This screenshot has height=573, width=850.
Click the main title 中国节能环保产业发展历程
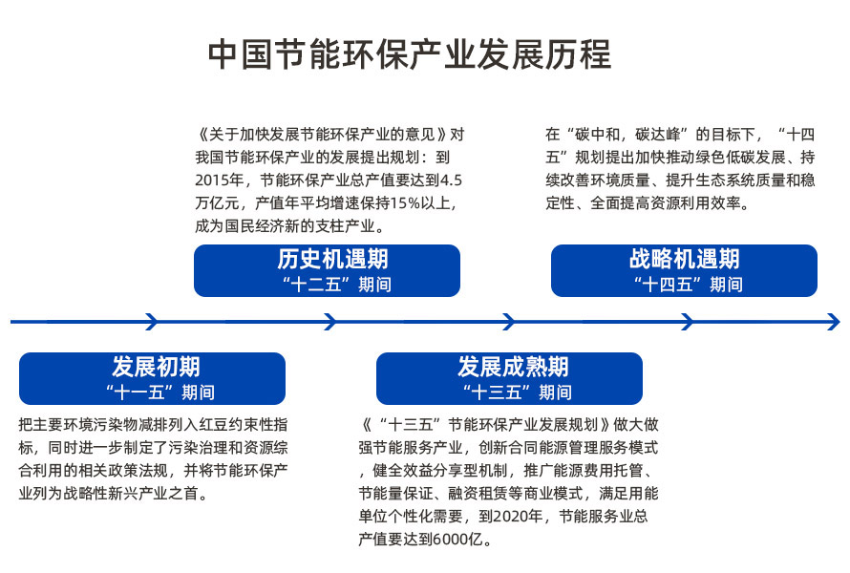tap(410, 54)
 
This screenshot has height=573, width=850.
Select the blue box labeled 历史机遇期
tap(327, 270)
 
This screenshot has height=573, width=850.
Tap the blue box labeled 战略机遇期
tap(684, 270)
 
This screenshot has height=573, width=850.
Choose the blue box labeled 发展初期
tap(152, 378)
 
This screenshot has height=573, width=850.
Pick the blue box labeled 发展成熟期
tap(510, 378)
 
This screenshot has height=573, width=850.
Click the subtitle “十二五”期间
tap(336, 284)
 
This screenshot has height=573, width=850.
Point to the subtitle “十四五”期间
tap(689, 284)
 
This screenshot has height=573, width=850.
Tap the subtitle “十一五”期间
tap(159, 392)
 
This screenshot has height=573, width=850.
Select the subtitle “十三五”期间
tap(517, 392)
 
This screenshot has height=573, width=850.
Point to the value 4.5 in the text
tap(451, 180)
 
